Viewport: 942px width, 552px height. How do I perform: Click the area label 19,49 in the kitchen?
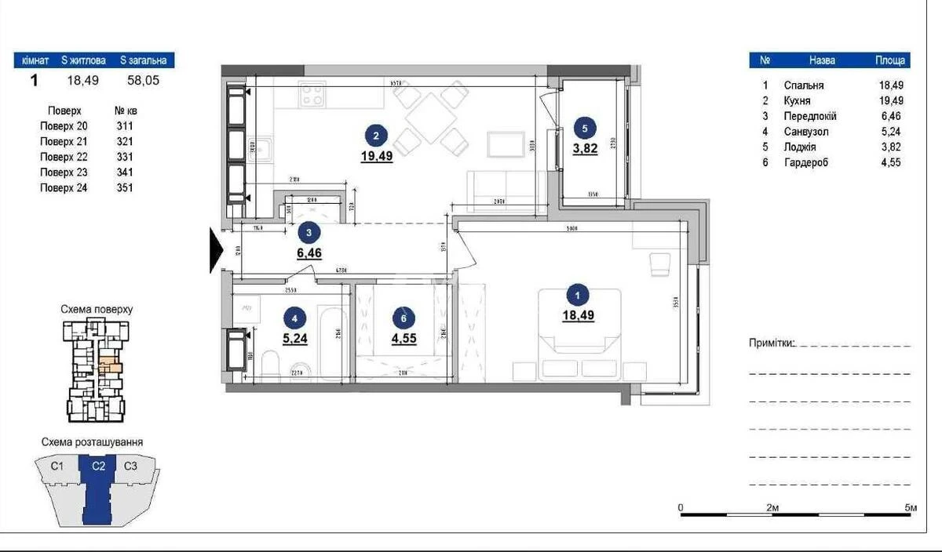(x=378, y=155)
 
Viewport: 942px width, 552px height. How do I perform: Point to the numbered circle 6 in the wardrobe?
(x=403, y=318)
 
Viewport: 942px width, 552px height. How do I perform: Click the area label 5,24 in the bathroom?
(x=294, y=340)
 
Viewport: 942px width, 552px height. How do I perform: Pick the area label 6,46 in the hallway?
(x=309, y=252)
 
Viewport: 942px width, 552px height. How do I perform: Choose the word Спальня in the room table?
(x=803, y=85)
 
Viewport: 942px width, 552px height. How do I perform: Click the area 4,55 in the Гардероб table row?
(x=891, y=162)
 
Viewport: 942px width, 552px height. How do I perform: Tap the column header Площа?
(x=891, y=60)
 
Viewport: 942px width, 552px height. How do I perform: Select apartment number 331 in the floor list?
(x=125, y=157)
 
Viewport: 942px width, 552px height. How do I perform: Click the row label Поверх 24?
(x=64, y=187)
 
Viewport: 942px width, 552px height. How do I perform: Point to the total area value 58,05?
(x=143, y=79)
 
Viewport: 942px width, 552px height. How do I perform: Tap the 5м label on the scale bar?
(x=911, y=508)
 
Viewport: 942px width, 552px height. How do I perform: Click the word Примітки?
(x=772, y=343)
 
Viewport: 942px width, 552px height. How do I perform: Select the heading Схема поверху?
(x=97, y=310)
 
